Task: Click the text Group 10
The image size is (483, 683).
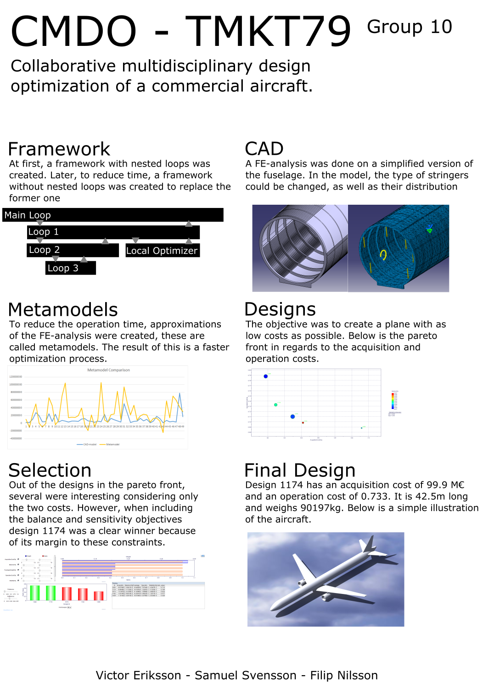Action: tap(409, 27)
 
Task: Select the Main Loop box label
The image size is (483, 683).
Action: tap(28, 215)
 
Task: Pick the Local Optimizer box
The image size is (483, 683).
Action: tap(162, 251)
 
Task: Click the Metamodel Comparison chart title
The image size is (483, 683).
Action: tap(108, 370)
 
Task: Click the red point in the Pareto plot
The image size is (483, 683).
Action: tap(303, 422)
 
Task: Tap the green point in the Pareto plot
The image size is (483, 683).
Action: tap(275, 405)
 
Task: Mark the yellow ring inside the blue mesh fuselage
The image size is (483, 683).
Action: tap(383, 254)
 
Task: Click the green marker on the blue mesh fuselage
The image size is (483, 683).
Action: tap(430, 229)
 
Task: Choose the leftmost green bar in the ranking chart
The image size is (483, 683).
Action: tap(35, 593)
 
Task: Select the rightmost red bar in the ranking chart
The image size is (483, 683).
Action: tap(99, 596)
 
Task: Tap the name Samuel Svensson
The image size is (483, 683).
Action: tap(245, 676)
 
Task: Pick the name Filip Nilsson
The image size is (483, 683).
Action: tap(344, 676)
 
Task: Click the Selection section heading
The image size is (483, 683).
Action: tap(50, 470)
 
